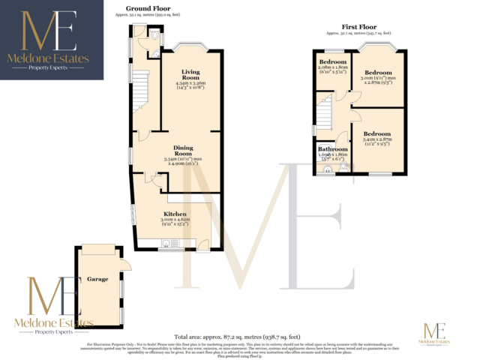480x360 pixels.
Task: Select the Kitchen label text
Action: point(175,214)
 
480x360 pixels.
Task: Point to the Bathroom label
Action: point(331,148)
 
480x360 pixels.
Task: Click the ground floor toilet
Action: point(154,35)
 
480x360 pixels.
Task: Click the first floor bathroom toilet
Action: point(327,169)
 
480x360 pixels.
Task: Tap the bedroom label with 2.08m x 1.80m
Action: point(332,66)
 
